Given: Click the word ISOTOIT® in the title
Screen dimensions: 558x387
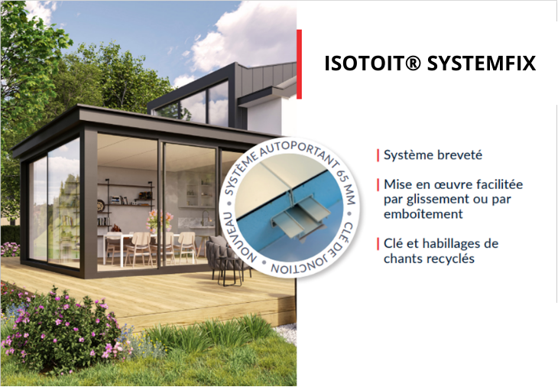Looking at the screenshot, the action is pos(372,63).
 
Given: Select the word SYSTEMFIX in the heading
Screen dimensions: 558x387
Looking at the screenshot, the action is pos(482,63).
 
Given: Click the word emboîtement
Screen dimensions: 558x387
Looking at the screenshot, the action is pos(423,214).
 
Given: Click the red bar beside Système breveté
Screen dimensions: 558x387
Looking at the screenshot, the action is pos(378,155).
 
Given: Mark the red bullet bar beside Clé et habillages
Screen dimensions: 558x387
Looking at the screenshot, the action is pos(378,244).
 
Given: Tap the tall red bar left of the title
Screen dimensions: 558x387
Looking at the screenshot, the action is pos(299,64).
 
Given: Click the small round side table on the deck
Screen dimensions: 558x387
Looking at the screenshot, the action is pos(232,272).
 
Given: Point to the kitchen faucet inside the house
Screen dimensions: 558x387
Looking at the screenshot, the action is pos(205,218).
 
